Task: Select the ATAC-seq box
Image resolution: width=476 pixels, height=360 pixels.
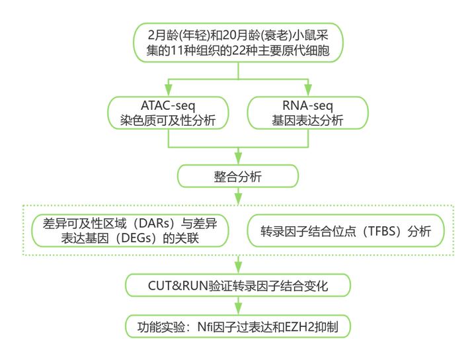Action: coord(170,111)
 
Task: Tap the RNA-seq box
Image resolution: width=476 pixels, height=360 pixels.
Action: coord(307,111)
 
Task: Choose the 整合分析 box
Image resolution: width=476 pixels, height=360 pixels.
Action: coord(238,176)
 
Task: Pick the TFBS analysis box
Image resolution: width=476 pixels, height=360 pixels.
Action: coord(346,231)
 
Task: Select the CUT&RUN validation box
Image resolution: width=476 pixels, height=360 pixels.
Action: coord(238,286)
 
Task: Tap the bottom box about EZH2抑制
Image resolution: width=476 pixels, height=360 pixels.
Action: coord(238,326)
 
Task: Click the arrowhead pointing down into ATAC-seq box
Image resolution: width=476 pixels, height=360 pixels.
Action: coord(170,89)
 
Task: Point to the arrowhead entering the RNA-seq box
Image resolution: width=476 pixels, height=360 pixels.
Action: coord(307,89)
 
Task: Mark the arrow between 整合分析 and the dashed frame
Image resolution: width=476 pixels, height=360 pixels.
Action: coord(238,195)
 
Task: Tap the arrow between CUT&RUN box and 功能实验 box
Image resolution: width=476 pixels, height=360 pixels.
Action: coord(238,306)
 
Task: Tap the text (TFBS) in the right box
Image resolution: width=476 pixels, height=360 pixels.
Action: coord(383,232)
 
